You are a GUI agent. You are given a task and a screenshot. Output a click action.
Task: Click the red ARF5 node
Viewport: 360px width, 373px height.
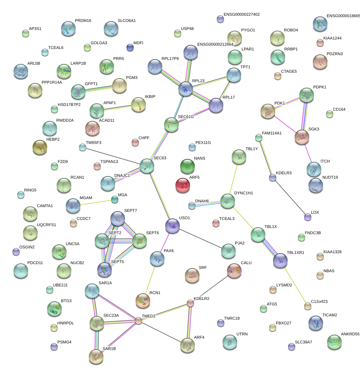tap(183, 186)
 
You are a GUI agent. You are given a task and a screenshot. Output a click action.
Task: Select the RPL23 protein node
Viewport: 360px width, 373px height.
tap(186, 89)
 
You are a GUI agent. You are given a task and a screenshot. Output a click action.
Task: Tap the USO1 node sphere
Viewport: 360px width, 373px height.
tap(172, 226)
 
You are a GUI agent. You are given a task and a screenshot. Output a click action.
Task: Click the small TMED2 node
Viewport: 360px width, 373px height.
tap(139, 321)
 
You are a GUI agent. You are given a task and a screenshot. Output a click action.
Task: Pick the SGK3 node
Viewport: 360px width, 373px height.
tap(302, 137)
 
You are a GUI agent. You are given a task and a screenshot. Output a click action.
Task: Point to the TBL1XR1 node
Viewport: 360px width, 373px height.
tap(280, 260)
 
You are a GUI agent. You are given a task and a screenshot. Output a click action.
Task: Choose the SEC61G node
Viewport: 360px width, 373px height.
tap(171, 125)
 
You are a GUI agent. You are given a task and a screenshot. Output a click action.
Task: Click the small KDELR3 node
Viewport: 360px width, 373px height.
tap(272, 178)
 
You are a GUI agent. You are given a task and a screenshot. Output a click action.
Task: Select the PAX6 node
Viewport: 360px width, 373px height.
tap(157, 259)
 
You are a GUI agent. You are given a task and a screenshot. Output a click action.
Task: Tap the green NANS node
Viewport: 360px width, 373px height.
tap(187, 167)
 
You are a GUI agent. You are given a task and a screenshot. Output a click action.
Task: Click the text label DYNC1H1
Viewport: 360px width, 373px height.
tap(243, 193)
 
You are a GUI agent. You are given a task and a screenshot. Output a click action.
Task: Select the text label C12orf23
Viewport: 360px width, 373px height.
tap(319, 301)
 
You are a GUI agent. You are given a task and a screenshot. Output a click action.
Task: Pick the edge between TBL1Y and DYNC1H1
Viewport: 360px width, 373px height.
tap(234, 179)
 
